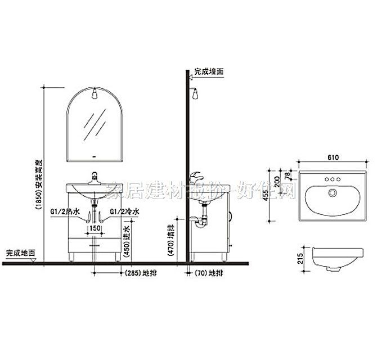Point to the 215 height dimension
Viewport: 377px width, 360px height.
pos(300,259)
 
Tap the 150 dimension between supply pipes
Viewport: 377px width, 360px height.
pos(95,229)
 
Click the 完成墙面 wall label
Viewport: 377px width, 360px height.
pos(209,71)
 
